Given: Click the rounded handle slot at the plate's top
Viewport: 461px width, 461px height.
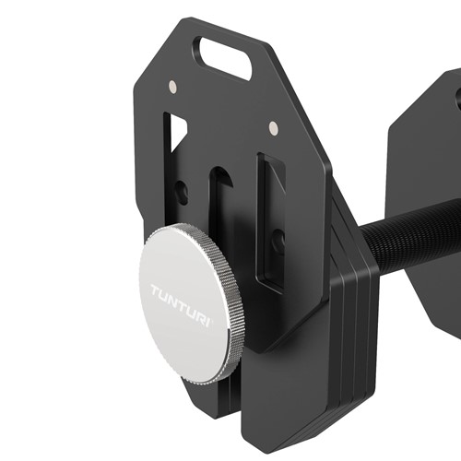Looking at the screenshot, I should [223, 57].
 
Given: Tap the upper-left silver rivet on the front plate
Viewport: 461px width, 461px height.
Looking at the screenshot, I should [172, 88].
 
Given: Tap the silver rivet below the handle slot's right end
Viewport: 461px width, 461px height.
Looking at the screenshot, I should [272, 126].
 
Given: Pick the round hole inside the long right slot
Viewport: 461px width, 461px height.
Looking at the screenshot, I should [278, 242].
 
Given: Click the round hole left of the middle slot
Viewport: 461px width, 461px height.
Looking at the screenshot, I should [183, 194].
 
